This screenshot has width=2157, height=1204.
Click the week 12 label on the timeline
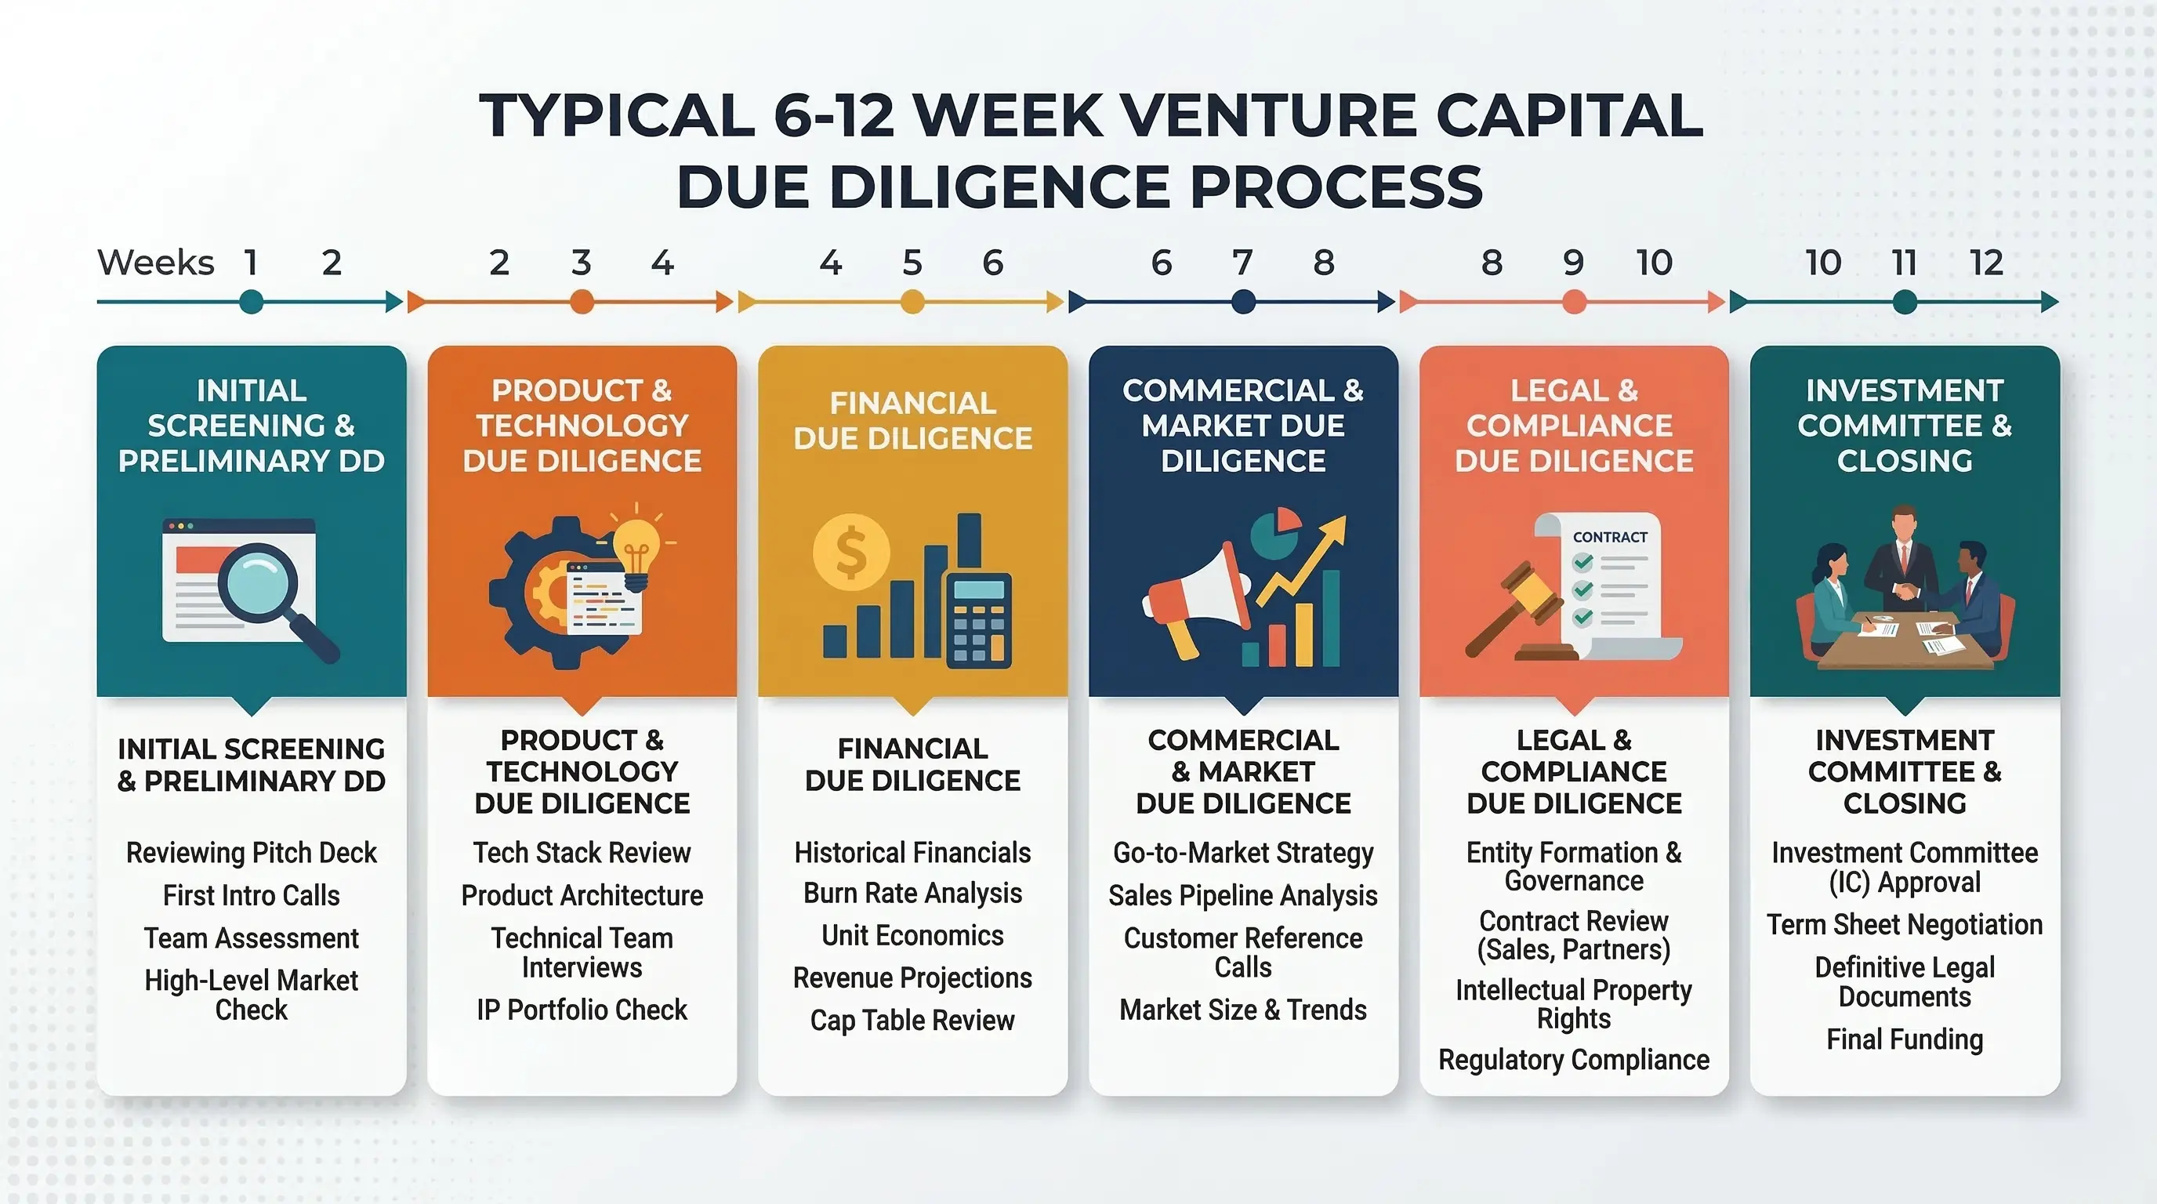tap(1986, 263)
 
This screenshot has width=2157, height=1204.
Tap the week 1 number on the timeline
tap(250, 263)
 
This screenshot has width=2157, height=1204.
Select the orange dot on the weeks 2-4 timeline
tap(581, 302)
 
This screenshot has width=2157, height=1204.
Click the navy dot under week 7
tap(1243, 302)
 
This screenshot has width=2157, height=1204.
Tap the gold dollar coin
tap(850, 553)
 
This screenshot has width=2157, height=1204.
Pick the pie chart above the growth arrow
tap(1275, 536)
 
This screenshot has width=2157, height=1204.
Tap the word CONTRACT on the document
tap(1609, 538)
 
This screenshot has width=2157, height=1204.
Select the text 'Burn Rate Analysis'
tap(912, 894)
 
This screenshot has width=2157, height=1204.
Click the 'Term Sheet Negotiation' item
tap(1904, 924)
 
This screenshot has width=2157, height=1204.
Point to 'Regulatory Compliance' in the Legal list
tap(1573, 1060)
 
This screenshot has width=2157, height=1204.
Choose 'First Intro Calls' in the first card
tap(251, 895)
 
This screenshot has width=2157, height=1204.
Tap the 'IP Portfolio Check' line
tap(582, 1010)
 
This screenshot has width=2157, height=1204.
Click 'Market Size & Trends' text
tap(1242, 1010)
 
